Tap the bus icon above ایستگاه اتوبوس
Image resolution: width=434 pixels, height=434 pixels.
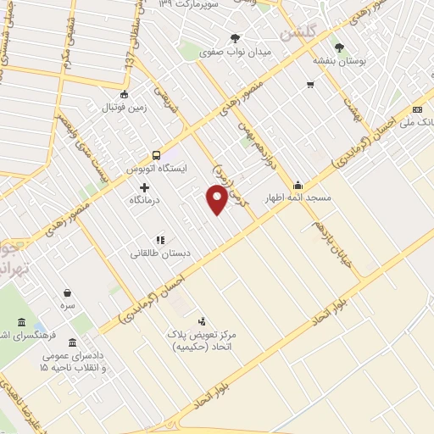(x=156, y=155)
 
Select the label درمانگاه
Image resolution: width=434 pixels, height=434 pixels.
(x=146, y=202)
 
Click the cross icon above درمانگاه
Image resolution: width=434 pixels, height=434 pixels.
(x=145, y=187)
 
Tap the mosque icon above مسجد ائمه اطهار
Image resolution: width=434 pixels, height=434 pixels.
(x=298, y=186)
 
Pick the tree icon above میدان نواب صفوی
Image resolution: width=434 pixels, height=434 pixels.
(x=235, y=38)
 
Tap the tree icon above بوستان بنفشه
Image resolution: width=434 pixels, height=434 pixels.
(x=340, y=48)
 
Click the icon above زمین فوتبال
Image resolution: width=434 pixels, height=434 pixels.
(x=125, y=94)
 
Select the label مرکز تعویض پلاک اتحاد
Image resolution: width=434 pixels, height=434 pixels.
(x=207, y=341)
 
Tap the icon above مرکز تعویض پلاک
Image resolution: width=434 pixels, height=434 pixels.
(x=202, y=321)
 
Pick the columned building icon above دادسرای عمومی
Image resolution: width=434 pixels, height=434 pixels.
(x=70, y=343)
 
